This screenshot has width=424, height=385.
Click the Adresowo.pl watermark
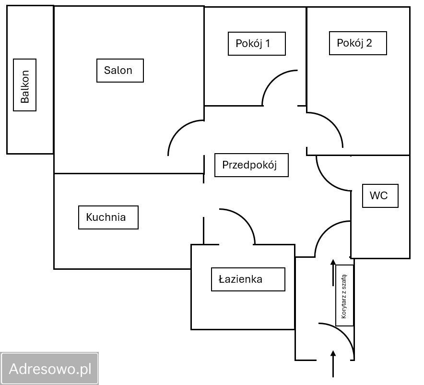click(50, 369)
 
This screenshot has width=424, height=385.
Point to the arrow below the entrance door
click(333, 363)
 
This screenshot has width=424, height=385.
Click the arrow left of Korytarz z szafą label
click(333, 273)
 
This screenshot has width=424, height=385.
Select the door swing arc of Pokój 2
click(333, 122)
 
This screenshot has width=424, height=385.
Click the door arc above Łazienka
click(244, 218)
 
